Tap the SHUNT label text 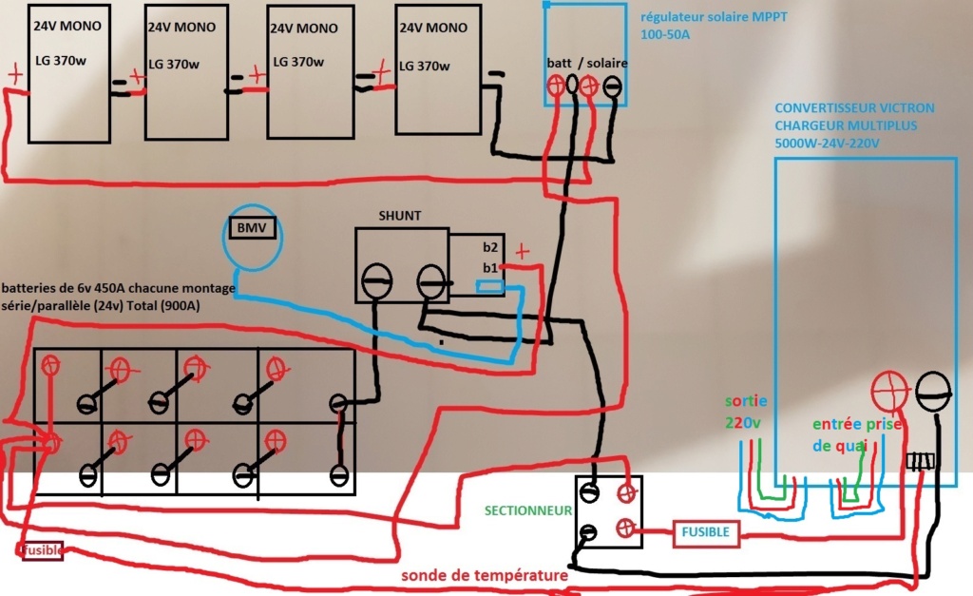(x=400, y=216)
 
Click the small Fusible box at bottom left (x=42, y=549)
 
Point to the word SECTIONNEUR (x=528, y=510)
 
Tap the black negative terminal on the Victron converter (x=932, y=390)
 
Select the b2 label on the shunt (x=490, y=247)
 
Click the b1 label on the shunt (x=490, y=267)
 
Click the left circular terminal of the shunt (x=376, y=279)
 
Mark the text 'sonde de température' (x=484, y=575)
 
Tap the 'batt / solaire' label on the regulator (x=587, y=63)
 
